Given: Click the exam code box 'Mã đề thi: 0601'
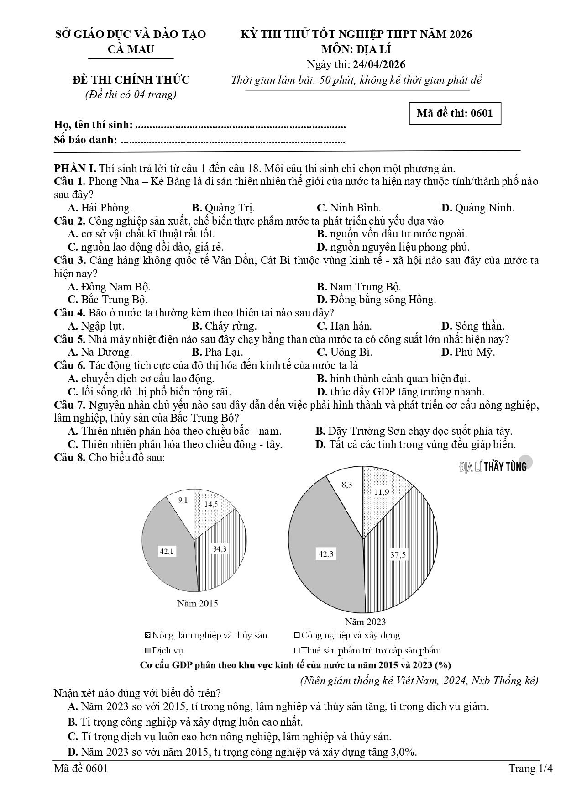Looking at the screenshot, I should click(x=455, y=114).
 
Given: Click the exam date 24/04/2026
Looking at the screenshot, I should click(x=382, y=64).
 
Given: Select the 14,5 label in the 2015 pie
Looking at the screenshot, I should click(x=210, y=504).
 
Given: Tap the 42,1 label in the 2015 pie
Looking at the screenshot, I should click(x=166, y=551).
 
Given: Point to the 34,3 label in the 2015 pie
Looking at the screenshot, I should click(x=220, y=548).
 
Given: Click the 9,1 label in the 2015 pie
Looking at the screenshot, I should click(x=183, y=500).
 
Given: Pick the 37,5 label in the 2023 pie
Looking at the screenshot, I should click(x=398, y=555).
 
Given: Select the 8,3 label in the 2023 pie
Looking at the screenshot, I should click(x=347, y=485).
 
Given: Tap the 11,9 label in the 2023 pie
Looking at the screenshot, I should click(x=381, y=492).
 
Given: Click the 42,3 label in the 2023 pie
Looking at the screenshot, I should click(x=326, y=554).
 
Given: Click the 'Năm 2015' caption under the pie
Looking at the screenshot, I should click(x=198, y=603).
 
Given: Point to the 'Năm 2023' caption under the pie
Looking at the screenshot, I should click(x=365, y=622).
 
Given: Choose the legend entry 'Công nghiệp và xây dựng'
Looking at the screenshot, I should click(x=347, y=635).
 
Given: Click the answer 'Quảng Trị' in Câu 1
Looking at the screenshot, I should click(x=224, y=208).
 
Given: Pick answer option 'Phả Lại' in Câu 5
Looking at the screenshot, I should click(x=218, y=352).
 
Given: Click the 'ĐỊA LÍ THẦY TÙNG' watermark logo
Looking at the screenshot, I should click(x=493, y=466).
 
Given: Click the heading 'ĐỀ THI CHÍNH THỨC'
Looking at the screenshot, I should click(x=131, y=80).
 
